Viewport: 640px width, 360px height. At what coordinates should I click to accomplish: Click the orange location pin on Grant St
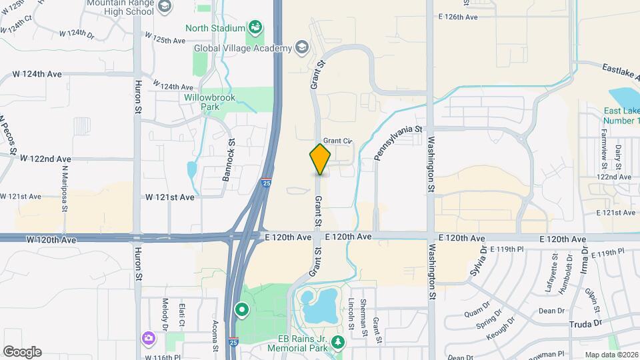click(320, 159)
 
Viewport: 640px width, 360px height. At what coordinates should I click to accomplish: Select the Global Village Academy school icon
click(302, 47)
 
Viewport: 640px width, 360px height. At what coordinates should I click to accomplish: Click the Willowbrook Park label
click(210, 101)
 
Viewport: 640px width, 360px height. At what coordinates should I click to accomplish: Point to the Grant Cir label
click(337, 141)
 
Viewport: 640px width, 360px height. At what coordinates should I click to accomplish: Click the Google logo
click(22, 351)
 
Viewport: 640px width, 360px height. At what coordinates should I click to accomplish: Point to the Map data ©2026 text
click(609, 354)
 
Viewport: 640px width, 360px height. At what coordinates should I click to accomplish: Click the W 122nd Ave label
click(45, 159)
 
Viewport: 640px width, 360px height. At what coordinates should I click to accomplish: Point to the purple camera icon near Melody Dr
click(148, 339)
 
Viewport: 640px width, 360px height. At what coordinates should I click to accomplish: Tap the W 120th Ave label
click(48, 239)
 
